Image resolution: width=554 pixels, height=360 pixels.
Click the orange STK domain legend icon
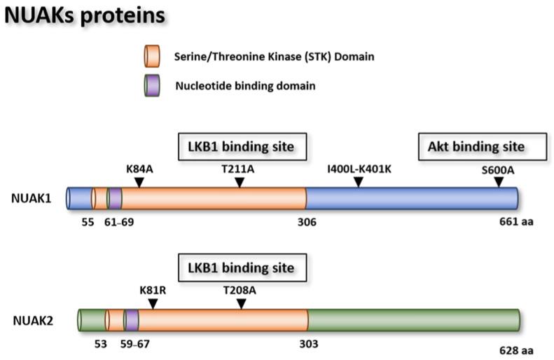(152, 55)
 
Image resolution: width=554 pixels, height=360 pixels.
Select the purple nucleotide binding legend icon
(152, 86)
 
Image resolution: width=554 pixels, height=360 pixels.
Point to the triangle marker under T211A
(240, 182)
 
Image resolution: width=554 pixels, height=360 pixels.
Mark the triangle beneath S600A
(499, 182)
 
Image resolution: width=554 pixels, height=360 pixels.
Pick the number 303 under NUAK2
(308, 344)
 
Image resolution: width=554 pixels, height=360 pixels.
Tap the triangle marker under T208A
(241, 303)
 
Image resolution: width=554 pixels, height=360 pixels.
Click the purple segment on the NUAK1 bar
(115, 198)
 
